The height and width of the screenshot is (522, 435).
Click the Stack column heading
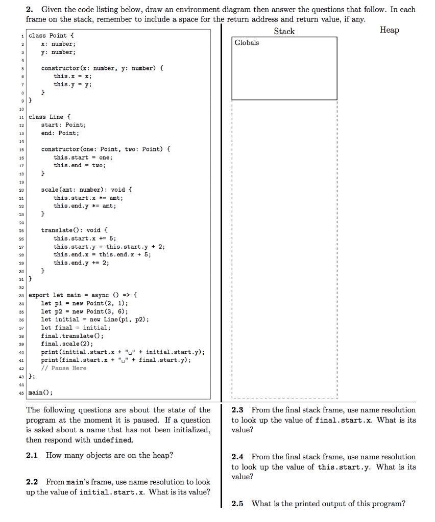[284, 31]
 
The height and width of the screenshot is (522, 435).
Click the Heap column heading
[389, 30]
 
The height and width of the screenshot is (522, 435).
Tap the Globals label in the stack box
[247, 43]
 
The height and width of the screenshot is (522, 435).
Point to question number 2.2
[34, 482]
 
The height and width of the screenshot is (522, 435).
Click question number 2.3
[239, 410]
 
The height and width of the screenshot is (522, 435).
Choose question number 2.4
[239, 457]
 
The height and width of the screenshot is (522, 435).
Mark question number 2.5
[239, 504]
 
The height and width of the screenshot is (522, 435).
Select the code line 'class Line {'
[50, 117]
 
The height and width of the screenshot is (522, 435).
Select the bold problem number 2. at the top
[30, 9]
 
